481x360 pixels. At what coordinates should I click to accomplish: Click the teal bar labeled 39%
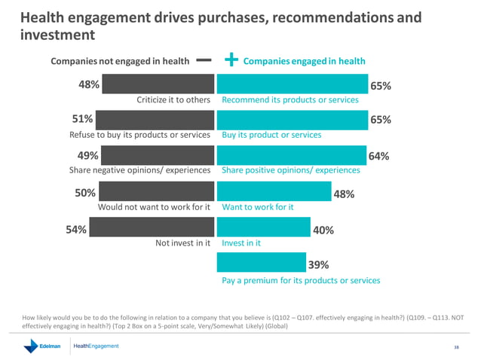coord(261,263)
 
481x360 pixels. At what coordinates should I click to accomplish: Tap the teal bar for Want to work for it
coord(274,192)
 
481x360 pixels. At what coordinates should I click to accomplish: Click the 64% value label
coord(378,157)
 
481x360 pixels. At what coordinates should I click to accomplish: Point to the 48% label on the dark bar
coord(90,84)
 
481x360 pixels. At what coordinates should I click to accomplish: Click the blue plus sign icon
coord(231,60)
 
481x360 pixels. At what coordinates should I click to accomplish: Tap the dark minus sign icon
coord(203,60)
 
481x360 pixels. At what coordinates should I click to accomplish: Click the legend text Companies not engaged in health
coord(119,61)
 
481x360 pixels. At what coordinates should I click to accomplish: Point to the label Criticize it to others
coord(173,99)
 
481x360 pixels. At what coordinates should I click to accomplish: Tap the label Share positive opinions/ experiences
coord(290,171)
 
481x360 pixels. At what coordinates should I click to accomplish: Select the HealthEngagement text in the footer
coord(96,346)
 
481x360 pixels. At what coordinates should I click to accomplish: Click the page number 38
coord(456,347)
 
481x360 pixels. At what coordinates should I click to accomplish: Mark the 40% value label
coord(323,230)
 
